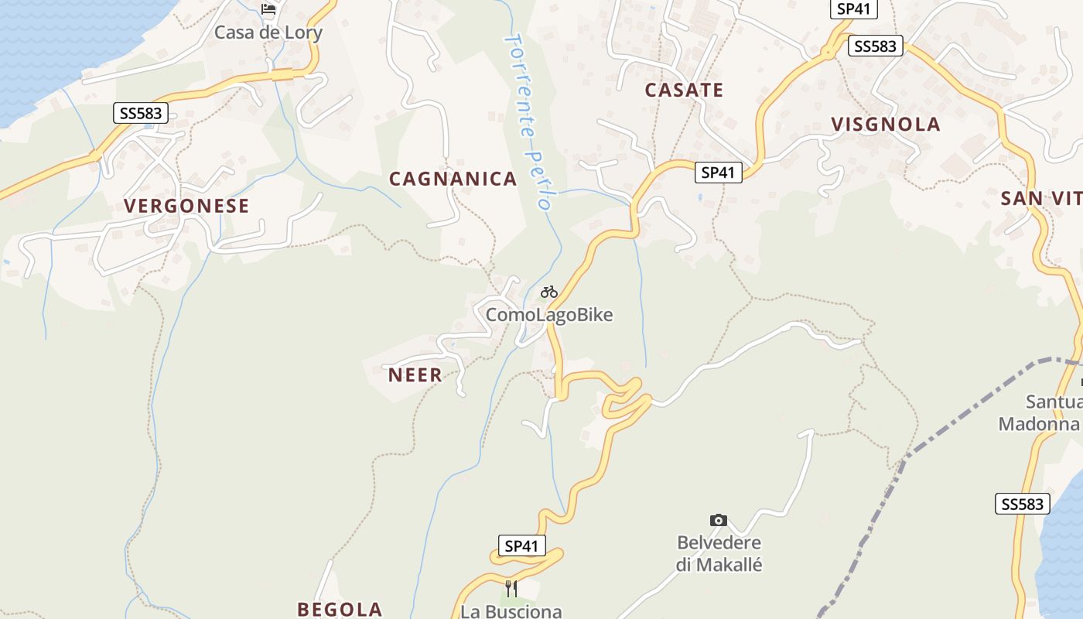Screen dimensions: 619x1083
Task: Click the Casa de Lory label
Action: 268,32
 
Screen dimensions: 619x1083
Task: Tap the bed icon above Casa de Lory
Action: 268,9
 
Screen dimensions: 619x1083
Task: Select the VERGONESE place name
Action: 186,206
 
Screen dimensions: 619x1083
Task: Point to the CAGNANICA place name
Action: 453,179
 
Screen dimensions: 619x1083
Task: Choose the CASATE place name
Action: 684,90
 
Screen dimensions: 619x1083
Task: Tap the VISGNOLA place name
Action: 886,125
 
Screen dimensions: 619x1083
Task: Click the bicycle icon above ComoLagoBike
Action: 549,292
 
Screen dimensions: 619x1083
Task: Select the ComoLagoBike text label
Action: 549,315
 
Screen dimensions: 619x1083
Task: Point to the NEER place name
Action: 415,375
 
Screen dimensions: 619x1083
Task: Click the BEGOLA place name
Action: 340,609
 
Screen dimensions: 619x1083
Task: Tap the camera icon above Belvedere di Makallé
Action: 719,520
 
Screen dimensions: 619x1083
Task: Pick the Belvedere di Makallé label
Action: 719,554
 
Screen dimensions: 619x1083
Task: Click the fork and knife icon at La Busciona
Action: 511,588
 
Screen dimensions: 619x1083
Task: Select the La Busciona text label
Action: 511,611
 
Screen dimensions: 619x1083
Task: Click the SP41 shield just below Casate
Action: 717,173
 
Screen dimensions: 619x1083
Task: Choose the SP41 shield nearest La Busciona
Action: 521,546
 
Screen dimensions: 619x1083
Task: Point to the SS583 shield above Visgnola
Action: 876,46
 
